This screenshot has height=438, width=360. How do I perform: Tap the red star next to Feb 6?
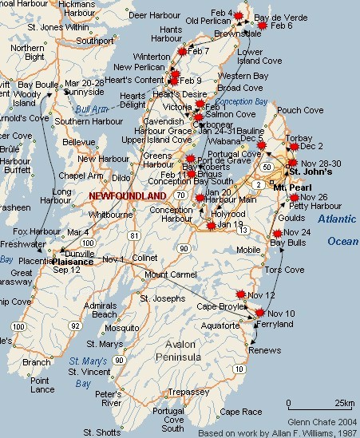point(263,26)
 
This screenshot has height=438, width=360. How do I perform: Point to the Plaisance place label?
point(73,260)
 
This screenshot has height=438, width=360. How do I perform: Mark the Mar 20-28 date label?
point(85,83)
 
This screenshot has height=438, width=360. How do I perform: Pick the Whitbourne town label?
point(110,215)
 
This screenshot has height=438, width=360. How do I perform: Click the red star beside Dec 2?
point(292,147)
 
